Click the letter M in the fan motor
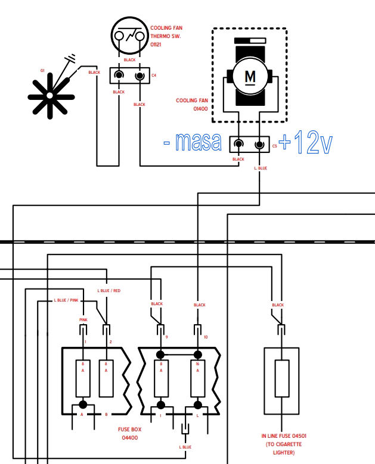pos(250,77)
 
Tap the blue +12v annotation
pos(306,142)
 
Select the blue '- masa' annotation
pos(193,142)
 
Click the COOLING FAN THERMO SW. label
pos(166,36)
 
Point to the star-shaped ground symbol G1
pos(51,96)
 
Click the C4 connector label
pos(154,76)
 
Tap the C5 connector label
pos(274,146)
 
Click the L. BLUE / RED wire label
pos(109,290)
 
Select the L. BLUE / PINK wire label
pos(66,300)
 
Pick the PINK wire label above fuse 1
pos(83,319)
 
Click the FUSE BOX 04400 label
pos(129,433)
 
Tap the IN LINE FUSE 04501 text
pos(284,435)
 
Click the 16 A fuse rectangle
pos(197,378)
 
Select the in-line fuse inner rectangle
pos(282,378)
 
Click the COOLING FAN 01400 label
pos(192,105)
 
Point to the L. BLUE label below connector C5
pos(261,168)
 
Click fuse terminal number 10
pos(206,337)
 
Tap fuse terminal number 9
pos(166,337)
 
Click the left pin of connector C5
pos(238,144)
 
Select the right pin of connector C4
pos(140,76)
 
